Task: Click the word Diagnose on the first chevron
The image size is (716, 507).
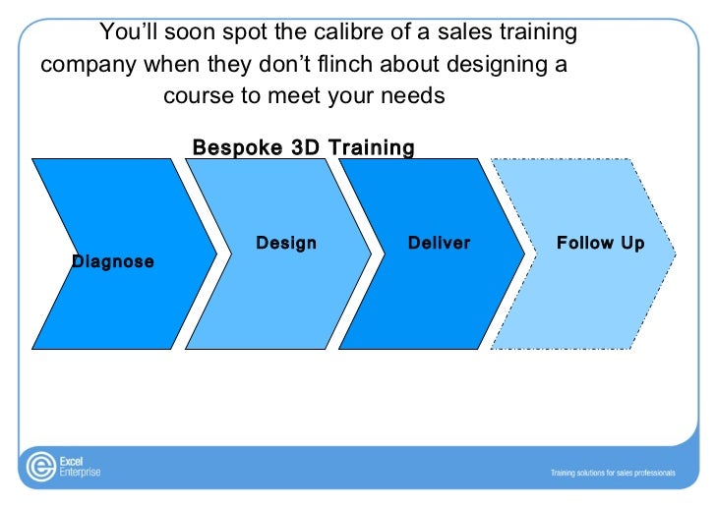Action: [113, 262]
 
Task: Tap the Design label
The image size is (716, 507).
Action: [286, 243]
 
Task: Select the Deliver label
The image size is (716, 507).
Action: [439, 243]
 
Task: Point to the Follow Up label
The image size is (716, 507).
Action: [600, 243]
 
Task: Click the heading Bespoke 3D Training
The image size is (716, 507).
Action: [303, 148]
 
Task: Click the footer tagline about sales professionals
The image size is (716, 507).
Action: [612, 473]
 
